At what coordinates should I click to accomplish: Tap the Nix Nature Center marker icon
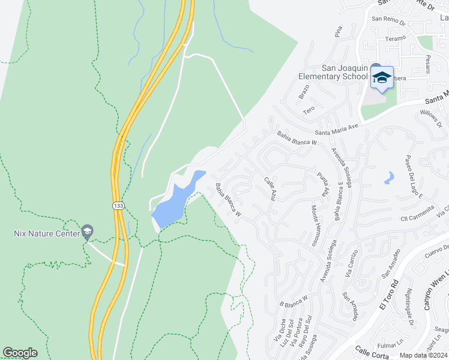(x=87, y=231)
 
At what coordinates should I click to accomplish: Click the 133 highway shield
(x=118, y=205)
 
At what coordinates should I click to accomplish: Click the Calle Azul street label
(x=270, y=189)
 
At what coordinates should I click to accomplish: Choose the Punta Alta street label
(x=324, y=184)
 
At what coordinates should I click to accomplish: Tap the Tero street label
(x=309, y=110)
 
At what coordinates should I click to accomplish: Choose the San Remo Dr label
(x=390, y=19)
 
